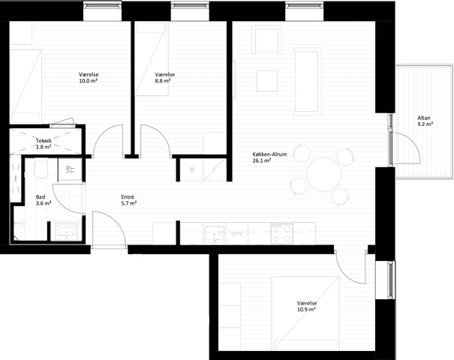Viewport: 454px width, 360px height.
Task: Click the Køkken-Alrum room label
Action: pos(269,154)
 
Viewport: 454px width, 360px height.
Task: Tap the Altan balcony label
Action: pos(423,118)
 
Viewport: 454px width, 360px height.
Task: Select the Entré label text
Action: pos(128,197)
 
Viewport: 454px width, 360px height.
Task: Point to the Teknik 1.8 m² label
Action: pos(44,144)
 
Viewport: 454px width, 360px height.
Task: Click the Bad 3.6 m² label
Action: pos(44,200)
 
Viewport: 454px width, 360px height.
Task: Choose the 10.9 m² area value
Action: pos(307,309)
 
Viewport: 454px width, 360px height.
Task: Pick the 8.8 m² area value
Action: pos(162,81)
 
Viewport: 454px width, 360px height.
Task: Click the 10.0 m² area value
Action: pos(88,81)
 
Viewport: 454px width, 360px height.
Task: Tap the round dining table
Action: pos(323,174)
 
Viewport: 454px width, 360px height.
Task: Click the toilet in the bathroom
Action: pos(41,169)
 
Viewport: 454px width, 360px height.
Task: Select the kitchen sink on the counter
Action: pos(215,234)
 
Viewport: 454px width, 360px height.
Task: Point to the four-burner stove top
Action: pos(281,233)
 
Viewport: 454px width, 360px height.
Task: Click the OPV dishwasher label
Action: pos(236,234)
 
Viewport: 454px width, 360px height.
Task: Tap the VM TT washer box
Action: pos(70,169)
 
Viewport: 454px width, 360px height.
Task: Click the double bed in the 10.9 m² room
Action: pos(305,313)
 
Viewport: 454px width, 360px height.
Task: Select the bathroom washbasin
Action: pos(66,232)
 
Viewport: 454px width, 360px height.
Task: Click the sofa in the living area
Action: pos(308,81)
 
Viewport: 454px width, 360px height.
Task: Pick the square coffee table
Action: pos(266,81)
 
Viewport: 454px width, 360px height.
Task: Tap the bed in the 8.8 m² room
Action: pos(152,59)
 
